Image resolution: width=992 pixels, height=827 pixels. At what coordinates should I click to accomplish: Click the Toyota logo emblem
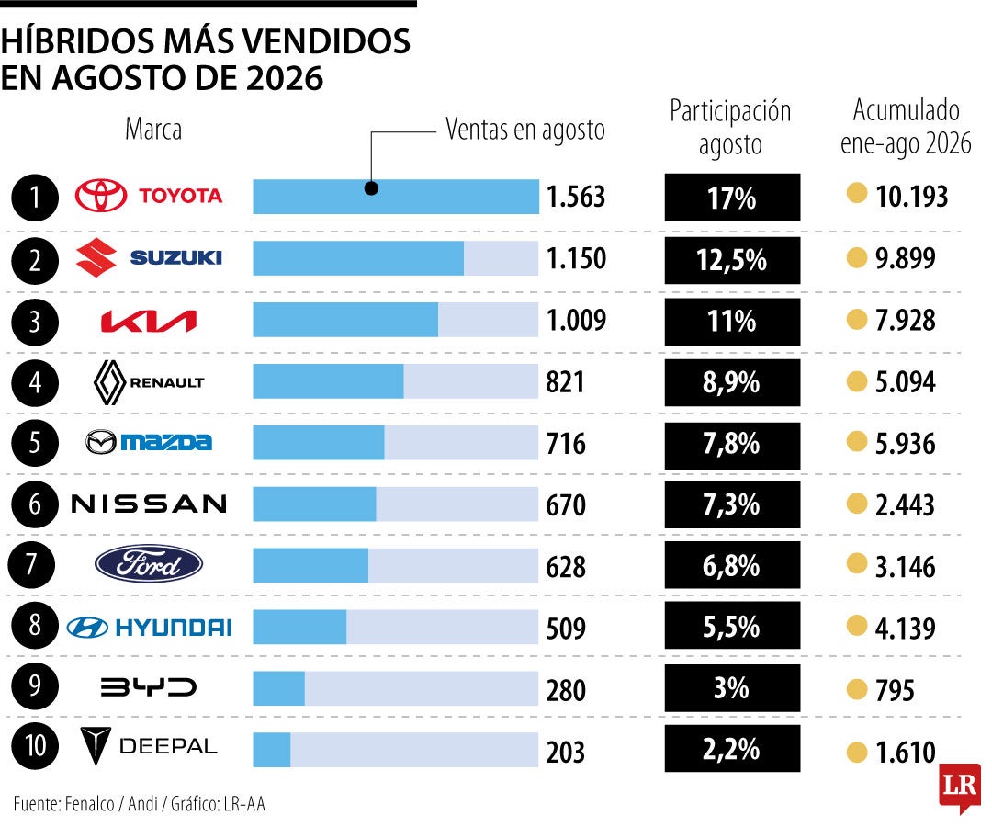(101, 195)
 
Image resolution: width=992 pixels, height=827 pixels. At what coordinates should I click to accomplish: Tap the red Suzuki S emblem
(96, 257)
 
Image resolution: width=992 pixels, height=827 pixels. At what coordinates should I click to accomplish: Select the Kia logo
(149, 322)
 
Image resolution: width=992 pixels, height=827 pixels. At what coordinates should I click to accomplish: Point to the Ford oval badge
(149, 564)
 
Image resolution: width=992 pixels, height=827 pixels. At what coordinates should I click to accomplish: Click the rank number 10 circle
(35, 746)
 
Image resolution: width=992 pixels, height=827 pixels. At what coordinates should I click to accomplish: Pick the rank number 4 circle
(35, 382)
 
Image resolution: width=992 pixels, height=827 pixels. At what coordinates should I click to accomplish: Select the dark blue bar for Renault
(328, 381)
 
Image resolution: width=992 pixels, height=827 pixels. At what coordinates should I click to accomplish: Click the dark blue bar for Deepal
(272, 750)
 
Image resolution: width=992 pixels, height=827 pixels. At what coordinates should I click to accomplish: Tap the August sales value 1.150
(576, 258)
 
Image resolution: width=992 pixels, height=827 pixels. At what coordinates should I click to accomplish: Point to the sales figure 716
(566, 443)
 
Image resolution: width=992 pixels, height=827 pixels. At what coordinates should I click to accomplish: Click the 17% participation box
(732, 197)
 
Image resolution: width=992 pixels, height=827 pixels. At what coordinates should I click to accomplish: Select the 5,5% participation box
(732, 625)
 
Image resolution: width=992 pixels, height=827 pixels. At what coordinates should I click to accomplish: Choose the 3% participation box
(732, 687)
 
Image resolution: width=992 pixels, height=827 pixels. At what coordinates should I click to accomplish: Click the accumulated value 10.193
(912, 196)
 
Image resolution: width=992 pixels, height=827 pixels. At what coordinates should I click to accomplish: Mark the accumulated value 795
(895, 690)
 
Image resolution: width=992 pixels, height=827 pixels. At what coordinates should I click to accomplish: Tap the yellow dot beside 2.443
(857, 504)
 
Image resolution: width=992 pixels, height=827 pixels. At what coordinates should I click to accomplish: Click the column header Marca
(153, 129)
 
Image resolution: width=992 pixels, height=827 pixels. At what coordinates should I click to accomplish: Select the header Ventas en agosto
(525, 130)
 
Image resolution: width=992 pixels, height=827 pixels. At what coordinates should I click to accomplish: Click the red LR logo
(960, 787)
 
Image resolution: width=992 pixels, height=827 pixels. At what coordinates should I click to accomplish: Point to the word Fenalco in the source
(89, 804)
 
